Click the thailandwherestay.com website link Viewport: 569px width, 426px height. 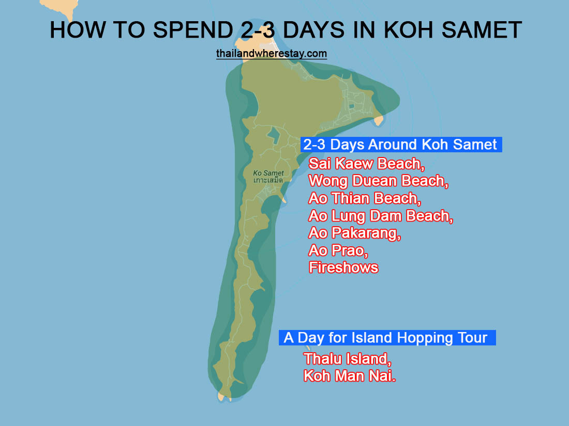(272, 54)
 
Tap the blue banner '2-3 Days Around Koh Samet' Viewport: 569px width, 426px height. (400, 144)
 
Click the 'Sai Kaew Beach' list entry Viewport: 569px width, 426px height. (365, 164)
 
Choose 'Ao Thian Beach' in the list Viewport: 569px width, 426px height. (364, 198)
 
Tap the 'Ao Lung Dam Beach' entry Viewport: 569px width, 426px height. (381, 216)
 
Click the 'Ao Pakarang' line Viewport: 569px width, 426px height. (355, 233)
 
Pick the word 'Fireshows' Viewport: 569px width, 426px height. (343, 267)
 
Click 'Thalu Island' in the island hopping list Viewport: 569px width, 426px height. (347, 358)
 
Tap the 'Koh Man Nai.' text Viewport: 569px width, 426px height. (350, 375)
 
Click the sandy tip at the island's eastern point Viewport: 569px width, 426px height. (379, 121)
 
